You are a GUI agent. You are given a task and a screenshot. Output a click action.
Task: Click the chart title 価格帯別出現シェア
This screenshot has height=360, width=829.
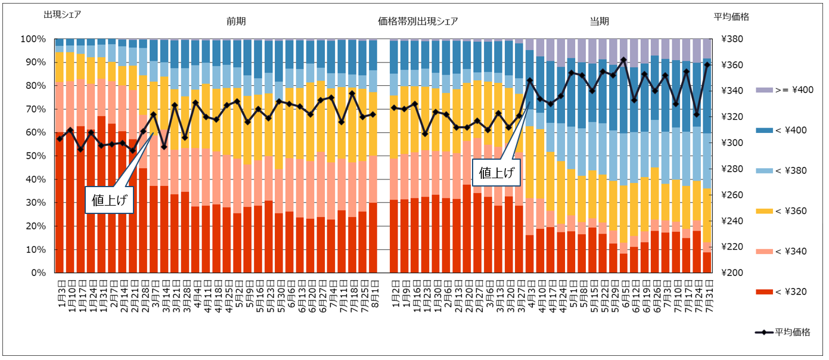418,21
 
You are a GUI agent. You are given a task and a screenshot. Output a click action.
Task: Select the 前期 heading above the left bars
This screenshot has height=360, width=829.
236,21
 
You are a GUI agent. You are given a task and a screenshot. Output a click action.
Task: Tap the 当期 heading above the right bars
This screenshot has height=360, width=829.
599,21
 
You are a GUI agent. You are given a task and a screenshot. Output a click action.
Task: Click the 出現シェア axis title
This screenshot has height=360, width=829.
63,14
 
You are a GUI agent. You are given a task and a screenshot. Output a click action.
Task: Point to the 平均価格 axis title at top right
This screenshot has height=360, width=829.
731,17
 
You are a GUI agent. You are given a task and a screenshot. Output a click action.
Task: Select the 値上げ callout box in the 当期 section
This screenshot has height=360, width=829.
495,173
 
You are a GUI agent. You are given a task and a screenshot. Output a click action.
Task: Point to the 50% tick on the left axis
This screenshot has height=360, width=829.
33,156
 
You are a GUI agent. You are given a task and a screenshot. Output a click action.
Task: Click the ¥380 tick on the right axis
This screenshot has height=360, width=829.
732,39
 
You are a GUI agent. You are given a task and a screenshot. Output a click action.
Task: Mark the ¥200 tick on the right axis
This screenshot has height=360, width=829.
732,273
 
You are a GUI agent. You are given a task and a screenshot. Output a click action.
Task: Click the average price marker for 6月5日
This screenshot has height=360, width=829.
623,60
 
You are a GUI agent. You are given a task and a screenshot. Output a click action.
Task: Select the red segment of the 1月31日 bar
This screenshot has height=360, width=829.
101,197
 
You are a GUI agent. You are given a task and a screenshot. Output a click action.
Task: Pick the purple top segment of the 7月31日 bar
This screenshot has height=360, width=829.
707,49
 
